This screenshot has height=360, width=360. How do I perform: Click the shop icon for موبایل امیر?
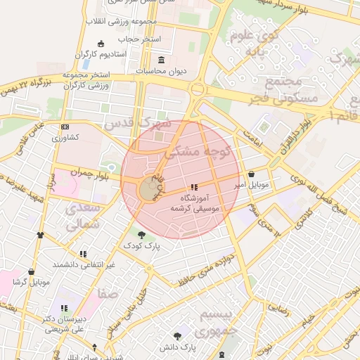[x=252, y=174]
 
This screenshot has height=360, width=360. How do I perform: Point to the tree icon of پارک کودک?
[x=142, y=235]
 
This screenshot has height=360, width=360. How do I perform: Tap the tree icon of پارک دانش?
[x=177, y=336]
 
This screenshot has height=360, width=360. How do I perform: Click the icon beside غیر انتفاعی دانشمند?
[x=83, y=254]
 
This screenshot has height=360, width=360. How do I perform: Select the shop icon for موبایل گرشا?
[x=31, y=271]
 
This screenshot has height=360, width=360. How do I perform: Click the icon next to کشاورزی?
[x=65, y=127]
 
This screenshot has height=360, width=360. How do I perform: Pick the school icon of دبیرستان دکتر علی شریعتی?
[x=64, y=308]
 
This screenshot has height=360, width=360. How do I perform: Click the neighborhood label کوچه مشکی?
[x=193, y=151]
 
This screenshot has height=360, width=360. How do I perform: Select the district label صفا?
[x=109, y=294]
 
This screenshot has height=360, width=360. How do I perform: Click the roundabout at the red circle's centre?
[x=150, y=190]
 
